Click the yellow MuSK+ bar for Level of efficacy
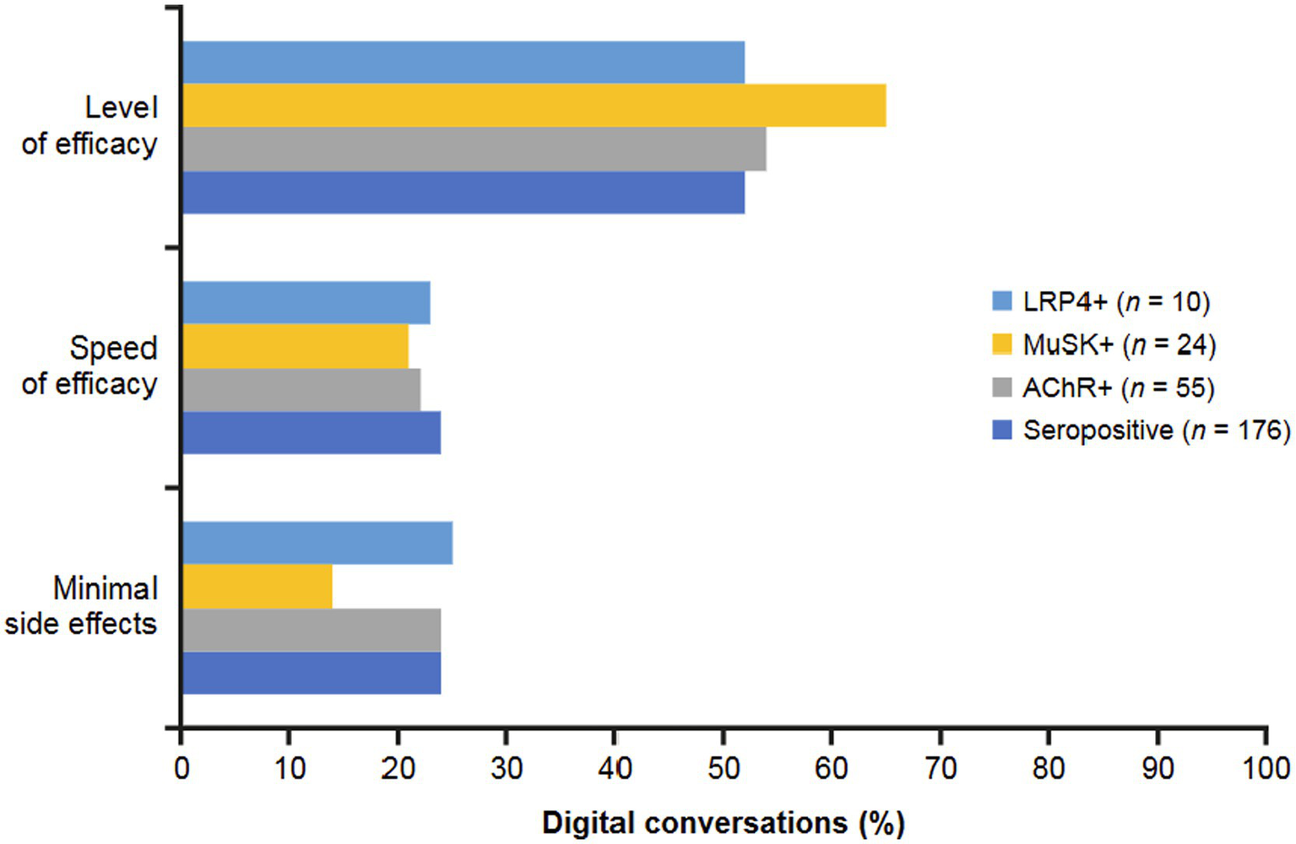click(x=534, y=105)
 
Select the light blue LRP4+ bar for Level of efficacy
click(x=463, y=62)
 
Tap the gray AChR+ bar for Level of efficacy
click(x=474, y=149)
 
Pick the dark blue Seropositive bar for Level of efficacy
click(x=463, y=192)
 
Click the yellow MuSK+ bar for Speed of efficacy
click(x=295, y=346)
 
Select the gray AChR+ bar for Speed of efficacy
click(x=301, y=390)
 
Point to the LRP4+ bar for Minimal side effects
click(x=317, y=543)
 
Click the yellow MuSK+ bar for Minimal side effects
click(x=257, y=587)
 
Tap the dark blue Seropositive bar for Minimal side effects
click(x=311, y=673)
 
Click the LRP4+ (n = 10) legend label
click(x=1116, y=301)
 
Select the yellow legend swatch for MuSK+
click(x=1002, y=344)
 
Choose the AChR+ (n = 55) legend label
click(x=1118, y=387)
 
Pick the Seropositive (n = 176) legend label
click(x=1157, y=430)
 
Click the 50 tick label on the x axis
click(x=723, y=768)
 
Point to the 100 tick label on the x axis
click(x=1265, y=768)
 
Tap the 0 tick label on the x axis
click(x=182, y=768)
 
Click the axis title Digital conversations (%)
click(x=723, y=823)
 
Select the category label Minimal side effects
click(x=82, y=606)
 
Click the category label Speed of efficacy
click(x=90, y=365)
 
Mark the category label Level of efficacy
click(x=90, y=126)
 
